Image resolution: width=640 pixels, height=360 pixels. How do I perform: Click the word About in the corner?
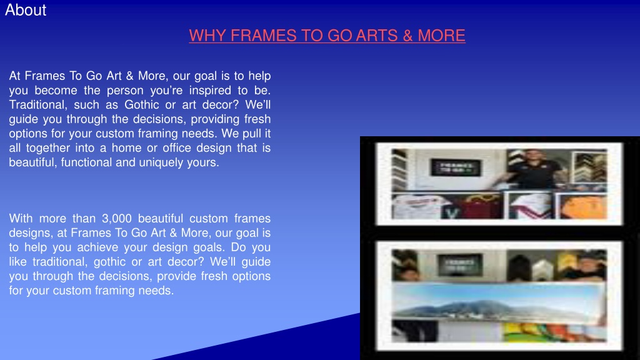pos(26,10)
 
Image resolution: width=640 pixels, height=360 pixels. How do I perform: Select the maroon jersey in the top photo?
pos(483,206)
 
